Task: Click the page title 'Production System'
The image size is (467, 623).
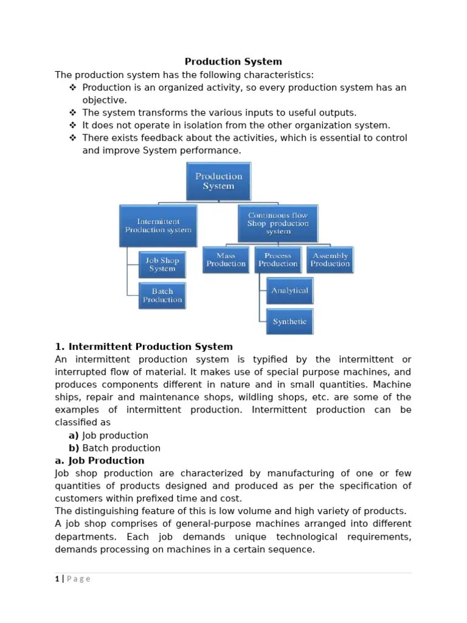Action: coord(233,61)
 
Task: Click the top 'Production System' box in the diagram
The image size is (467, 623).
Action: coord(218,181)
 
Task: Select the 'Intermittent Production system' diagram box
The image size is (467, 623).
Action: coord(158,225)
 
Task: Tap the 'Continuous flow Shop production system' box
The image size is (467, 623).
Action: coord(277,223)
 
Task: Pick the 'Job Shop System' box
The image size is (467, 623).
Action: coord(162,264)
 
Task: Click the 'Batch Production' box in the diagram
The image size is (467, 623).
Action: coord(162,296)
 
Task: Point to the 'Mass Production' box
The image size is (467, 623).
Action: coord(226,260)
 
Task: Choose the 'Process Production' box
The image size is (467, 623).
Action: coord(278,260)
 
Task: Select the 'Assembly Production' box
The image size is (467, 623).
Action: coord(330,260)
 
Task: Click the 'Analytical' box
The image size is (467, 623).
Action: coord(289,290)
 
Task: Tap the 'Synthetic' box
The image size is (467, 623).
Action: coord(289,321)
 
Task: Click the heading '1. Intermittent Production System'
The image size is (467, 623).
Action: coord(144,347)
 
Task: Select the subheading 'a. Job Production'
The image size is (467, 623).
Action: coord(100,461)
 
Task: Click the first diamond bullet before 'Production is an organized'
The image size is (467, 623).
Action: coord(73,88)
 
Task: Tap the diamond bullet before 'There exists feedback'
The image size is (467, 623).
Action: coord(73,138)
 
